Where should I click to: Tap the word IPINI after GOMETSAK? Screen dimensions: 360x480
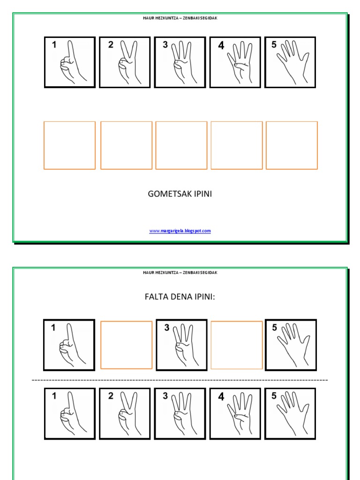(203, 194)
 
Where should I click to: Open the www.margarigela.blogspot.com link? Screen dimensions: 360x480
(180, 231)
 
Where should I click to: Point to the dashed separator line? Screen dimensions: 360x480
(180, 380)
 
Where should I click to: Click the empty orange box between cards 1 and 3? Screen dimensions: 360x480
(127, 322)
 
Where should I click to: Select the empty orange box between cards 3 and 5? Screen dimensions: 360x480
(237, 322)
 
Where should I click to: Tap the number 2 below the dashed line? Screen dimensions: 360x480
(111, 396)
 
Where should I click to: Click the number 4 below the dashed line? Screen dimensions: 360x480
(221, 397)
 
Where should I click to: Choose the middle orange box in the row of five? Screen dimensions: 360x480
(181, 122)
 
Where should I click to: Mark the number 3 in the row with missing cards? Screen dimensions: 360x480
(166, 328)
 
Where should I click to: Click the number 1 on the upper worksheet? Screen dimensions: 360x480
(54, 45)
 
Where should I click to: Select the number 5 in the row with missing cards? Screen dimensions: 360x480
(274, 328)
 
